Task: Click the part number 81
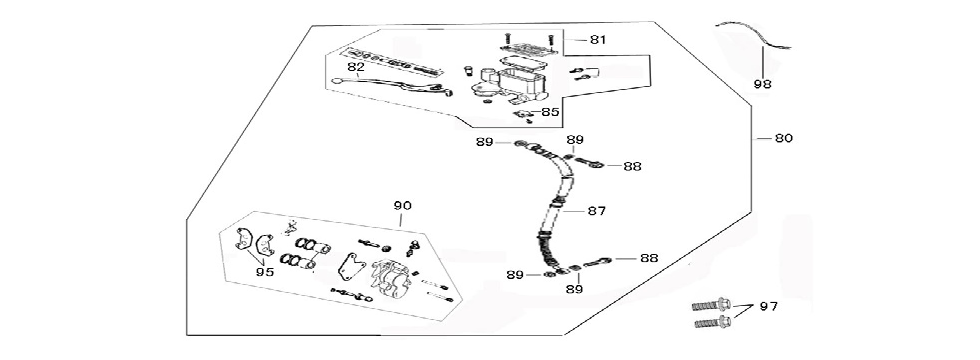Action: pos(598,40)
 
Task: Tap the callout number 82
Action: pos(355,68)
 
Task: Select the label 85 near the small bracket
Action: pos(550,113)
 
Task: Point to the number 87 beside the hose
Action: pos(597,211)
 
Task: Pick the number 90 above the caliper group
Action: pos(402,206)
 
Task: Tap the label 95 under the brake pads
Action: pos(264,271)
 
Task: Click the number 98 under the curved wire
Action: pos(762,85)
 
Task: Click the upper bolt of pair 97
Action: pos(707,306)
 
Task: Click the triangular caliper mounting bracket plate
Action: pos(350,268)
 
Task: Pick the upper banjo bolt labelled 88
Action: pos(589,162)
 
